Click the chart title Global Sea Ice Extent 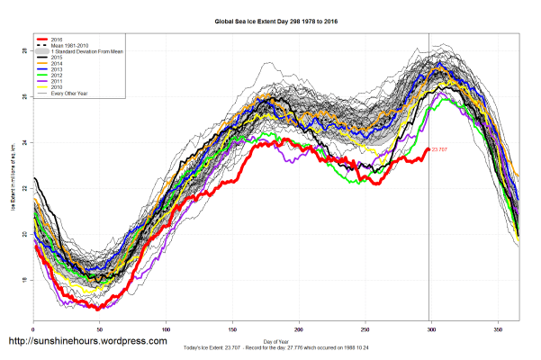point(270,18)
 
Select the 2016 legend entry point(56,40)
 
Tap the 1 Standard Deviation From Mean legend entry point(86,53)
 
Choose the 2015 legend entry point(56,59)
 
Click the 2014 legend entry point(56,66)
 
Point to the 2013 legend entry point(56,72)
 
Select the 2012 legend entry point(56,78)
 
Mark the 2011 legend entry point(56,85)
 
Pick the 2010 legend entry point(56,91)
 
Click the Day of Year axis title point(274,341)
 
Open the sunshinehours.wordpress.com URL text point(87,342)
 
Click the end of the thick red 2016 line point(428,149)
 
